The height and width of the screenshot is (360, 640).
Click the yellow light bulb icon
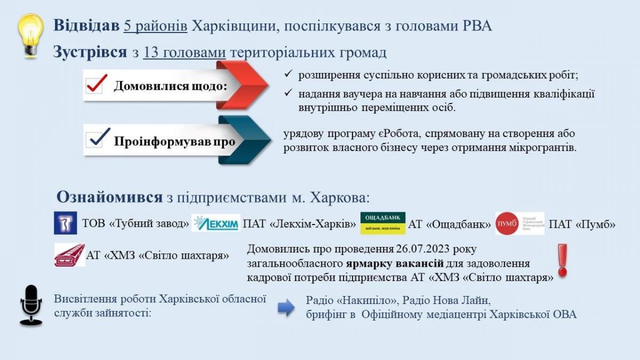pos(31,35)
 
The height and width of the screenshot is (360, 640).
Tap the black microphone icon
pos(31,305)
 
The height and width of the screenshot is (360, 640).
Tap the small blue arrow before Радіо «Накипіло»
pos(286,308)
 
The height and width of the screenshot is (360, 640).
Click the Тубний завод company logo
pos(65,223)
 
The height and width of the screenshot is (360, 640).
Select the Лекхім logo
pos(215,223)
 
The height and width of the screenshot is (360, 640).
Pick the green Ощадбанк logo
pos(382,223)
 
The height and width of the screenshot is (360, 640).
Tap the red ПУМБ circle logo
pos(507,223)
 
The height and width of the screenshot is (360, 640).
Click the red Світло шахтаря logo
pos(69,255)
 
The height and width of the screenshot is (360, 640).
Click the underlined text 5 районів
pos(155,26)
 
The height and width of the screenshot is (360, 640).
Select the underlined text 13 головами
pos(185,52)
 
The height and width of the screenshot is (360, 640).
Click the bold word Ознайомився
pos(109,197)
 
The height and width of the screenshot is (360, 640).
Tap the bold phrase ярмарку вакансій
pos(395,263)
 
